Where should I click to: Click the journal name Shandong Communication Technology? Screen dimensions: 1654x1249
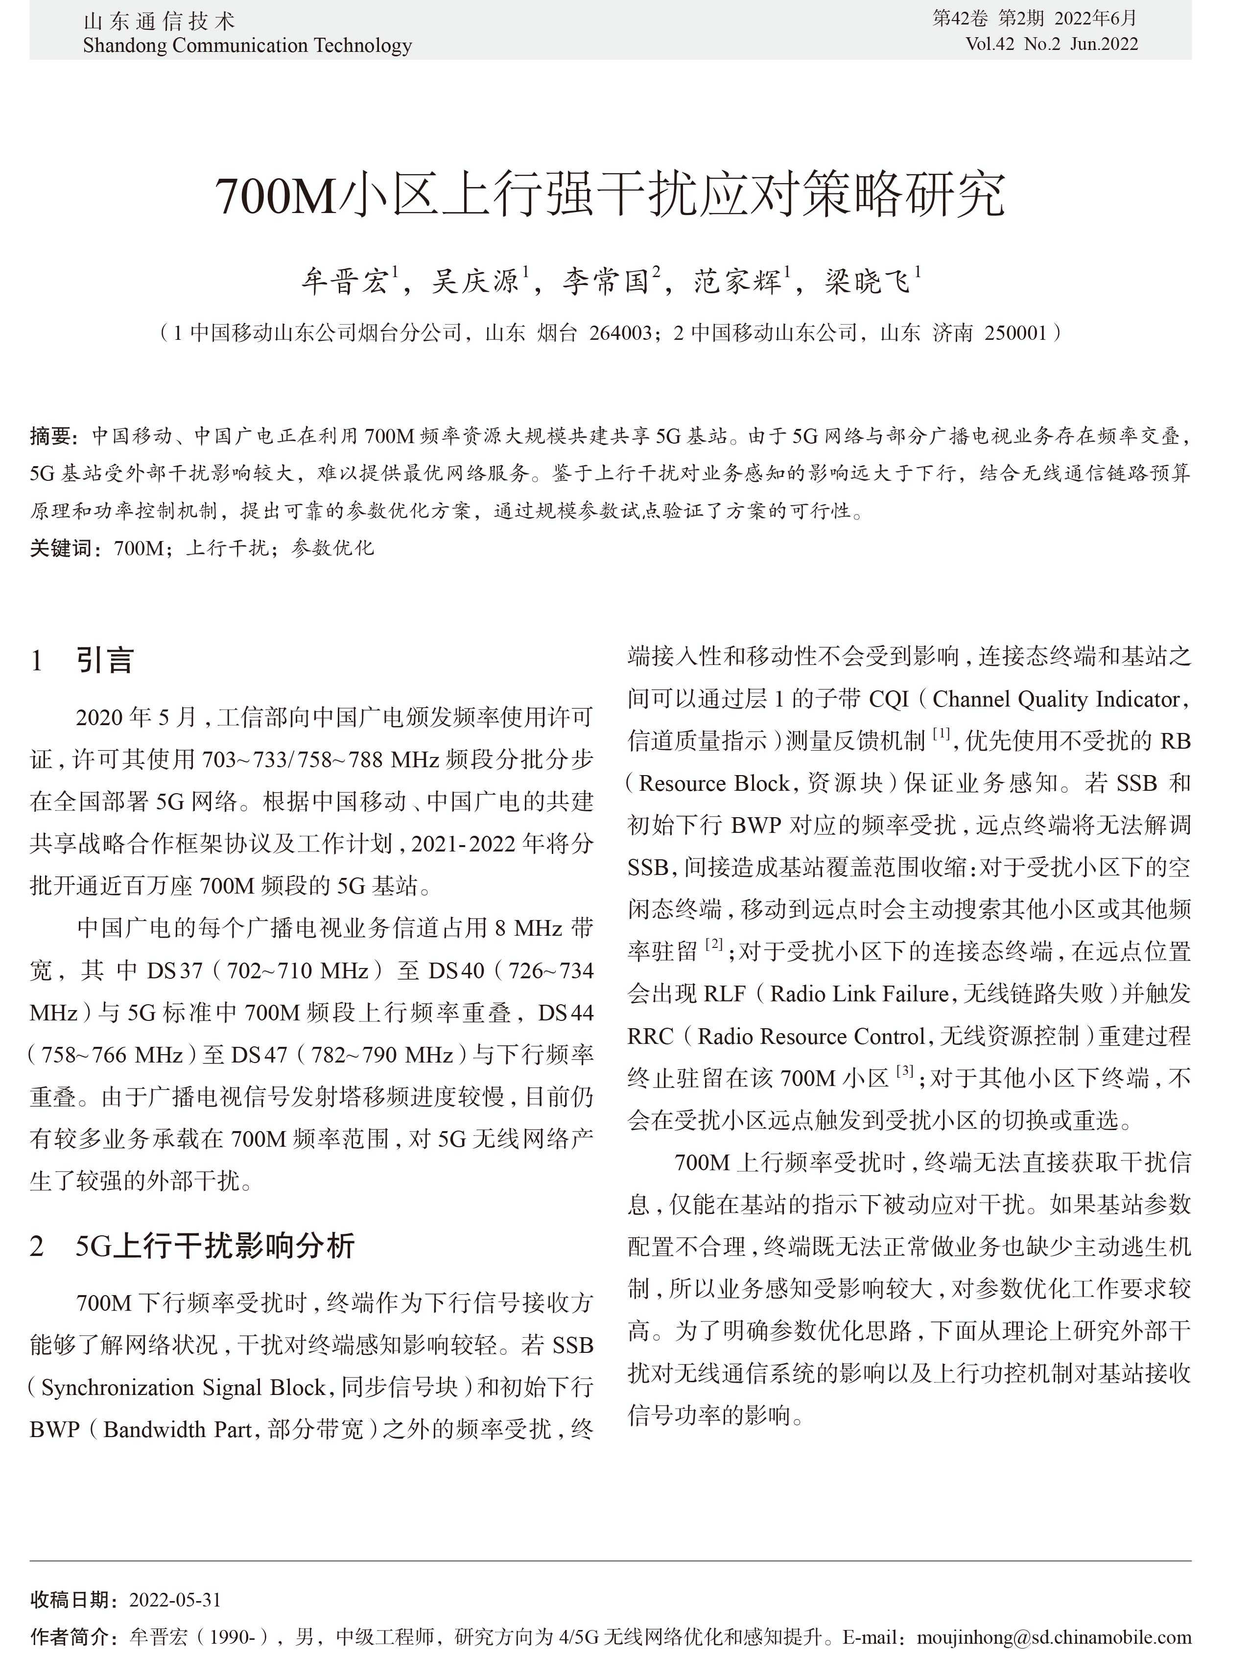248,46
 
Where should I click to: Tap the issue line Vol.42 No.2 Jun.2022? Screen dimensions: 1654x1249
1052,44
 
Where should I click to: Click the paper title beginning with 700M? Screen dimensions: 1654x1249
610,196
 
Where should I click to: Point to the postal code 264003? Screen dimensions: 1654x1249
620,333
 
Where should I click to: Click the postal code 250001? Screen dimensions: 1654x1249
1015,333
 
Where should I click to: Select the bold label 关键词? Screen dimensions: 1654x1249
62,548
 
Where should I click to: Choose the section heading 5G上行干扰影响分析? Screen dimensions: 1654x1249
214,1246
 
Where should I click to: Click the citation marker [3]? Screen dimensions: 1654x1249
905,1071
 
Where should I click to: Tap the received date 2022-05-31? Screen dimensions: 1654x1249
175,1600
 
